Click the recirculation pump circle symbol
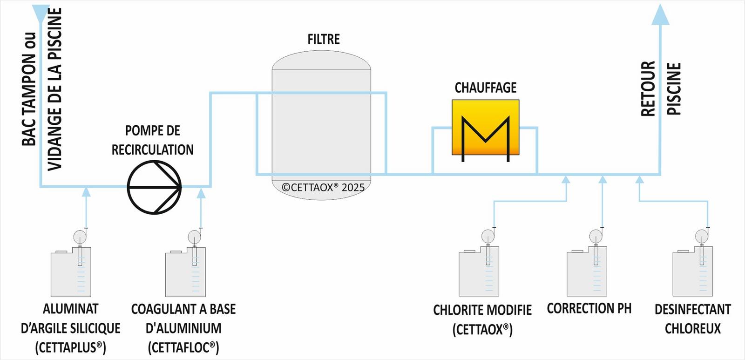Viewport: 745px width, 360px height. (155, 187)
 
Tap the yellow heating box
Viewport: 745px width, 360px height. (485, 127)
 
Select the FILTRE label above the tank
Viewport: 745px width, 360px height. (324, 40)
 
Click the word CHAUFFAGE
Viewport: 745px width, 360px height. (486, 88)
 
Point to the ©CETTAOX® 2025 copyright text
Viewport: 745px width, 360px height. (323, 188)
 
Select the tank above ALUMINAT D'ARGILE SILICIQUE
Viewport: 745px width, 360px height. (71, 272)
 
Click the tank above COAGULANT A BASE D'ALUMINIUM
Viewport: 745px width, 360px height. (185, 272)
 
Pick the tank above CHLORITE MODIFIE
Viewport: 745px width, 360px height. (479, 272)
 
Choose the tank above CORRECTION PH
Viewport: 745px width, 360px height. (587, 272)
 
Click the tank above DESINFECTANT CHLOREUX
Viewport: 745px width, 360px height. (692, 272)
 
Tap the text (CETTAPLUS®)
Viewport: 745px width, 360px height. (71, 347)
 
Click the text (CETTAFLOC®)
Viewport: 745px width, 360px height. (183, 347)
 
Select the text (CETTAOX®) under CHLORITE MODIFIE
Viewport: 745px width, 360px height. (482, 330)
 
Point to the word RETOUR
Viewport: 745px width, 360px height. (648, 88)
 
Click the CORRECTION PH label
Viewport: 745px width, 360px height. (589, 308)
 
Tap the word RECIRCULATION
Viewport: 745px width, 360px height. (153, 149)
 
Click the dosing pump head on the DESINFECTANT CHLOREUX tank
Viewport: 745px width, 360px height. (702, 236)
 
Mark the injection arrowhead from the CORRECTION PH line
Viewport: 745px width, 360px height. (603, 179)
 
